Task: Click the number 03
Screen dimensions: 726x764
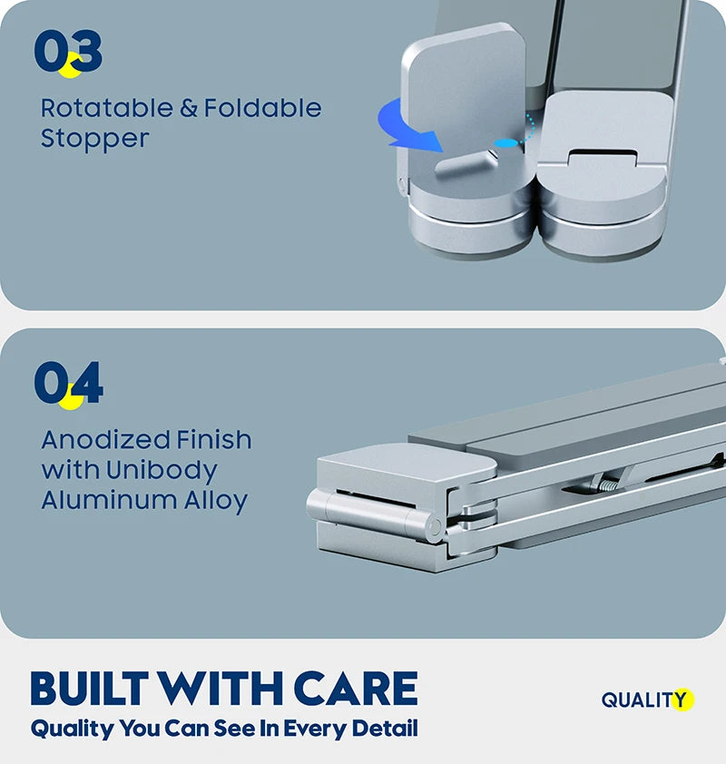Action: (68, 51)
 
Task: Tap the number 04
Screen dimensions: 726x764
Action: (68, 383)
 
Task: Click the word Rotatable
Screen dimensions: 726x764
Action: (107, 108)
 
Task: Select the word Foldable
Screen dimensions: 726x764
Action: (262, 108)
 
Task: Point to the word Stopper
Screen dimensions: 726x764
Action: (94, 140)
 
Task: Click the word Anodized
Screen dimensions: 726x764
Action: (106, 439)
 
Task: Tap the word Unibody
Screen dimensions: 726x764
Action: (162, 471)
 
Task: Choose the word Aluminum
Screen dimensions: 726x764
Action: (110, 500)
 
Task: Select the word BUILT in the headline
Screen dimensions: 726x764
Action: (90, 688)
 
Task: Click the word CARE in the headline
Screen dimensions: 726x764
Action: (356, 688)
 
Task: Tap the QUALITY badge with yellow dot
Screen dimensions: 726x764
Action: (648, 700)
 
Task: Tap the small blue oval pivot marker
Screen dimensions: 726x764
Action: (505, 143)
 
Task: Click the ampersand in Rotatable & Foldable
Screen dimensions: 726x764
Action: (189, 108)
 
